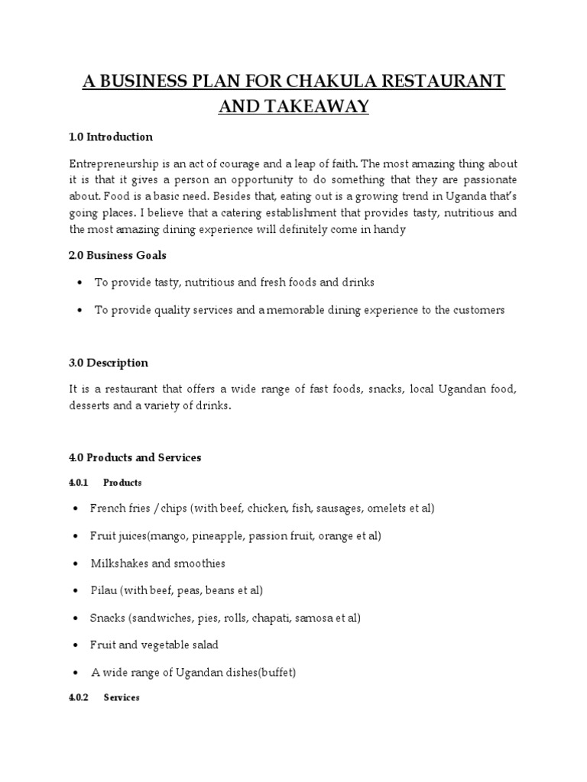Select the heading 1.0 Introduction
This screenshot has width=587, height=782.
(111, 137)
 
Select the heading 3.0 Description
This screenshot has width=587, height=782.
(109, 363)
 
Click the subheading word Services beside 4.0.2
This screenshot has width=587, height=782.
(122, 698)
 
